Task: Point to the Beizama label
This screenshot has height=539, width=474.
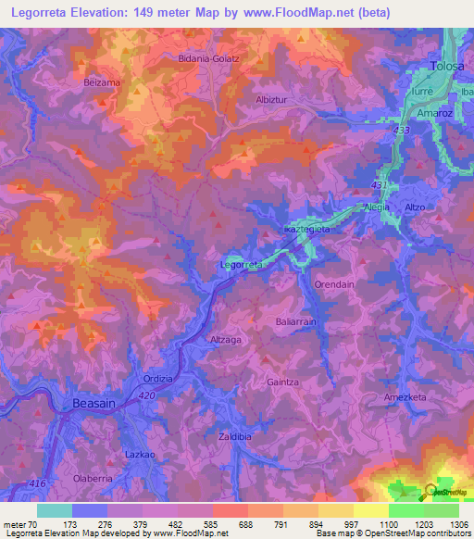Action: [x=102, y=82]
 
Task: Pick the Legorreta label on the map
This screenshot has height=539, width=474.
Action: [x=243, y=265]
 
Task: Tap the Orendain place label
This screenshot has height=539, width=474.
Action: [x=334, y=283]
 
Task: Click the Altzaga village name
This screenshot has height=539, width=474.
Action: [x=226, y=340]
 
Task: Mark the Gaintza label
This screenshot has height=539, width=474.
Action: [x=283, y=382]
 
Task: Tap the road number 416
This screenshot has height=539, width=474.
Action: [x=36, y=484]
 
